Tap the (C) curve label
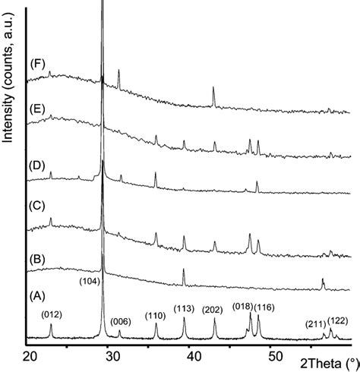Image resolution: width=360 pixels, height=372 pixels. click(x=36, y=205)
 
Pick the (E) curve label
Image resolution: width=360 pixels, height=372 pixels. click(x=36, y=107)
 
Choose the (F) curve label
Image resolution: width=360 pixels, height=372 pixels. click(x=36, y=64)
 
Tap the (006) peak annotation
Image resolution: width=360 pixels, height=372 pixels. click(x=121, y=322)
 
